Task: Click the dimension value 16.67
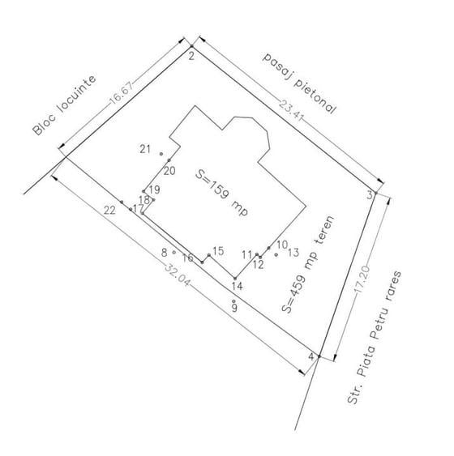pyautogui.click(x=121, y=92)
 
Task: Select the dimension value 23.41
pyautogui.click(x=292, y=109)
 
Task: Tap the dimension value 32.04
pyautogui.click(x=178, y=275)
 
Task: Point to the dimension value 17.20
pyautogui.click(x=363, y=279)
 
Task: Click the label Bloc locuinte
pyautogui.click(x=64, y=105)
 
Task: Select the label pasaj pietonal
pyautogui.click(x=300, y=83)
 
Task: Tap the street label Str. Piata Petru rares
pyautogui.click(x=375, y=338)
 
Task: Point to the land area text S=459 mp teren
pyautogui.click(x=308, y=264)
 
